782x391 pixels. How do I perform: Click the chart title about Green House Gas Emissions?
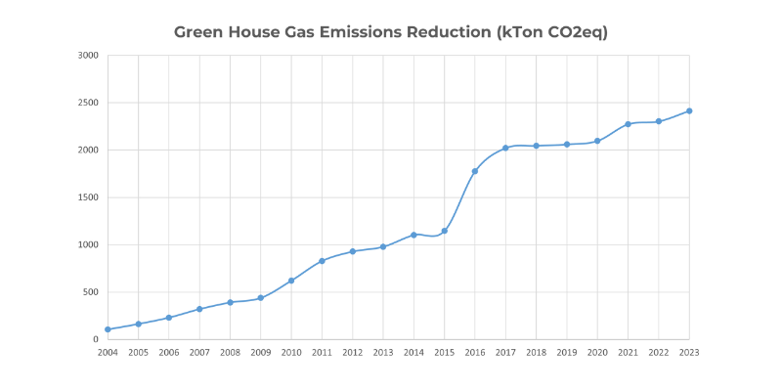pyautogui.click(x=391, y=32)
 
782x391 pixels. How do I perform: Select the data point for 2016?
pyautogui.click(x=475, y=171)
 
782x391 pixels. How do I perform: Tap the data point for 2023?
pyautogui.click(x=689, y=110)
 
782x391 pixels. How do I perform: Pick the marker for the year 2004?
pyautogui.click(x=108, y=329)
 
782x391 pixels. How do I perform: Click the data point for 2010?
pyautogui.click(x=291, y=281)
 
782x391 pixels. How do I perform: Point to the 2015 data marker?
pyautogui.click(x=445, y=231)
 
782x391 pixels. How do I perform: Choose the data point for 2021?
pyautogui.click(x=628, y=124)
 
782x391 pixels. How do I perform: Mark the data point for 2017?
pyautogui.click(x=505, y=148)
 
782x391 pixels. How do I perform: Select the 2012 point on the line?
pyautogui.click(x=353, y=251)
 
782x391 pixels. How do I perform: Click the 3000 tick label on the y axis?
pyautogui.click(x=88, y=56)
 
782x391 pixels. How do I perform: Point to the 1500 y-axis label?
pyautogui.click(x=88, y=197)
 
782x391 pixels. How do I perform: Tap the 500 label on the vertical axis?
pyautogui.click(x=91, y=292)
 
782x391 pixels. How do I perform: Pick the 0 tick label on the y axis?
pyautogui.click(x=95, y=339)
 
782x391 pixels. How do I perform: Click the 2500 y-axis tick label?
pyautogui.click(x=88, y=103)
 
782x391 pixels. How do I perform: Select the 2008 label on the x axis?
pyautogui.click(x=230, y=352)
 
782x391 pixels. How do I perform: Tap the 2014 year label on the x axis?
pyautogui.click(x=413, y=352)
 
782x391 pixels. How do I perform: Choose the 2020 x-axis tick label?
pyautogui.click(x=597, y=352)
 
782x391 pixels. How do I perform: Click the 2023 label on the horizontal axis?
pyautogui.click(x=689, y=352)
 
